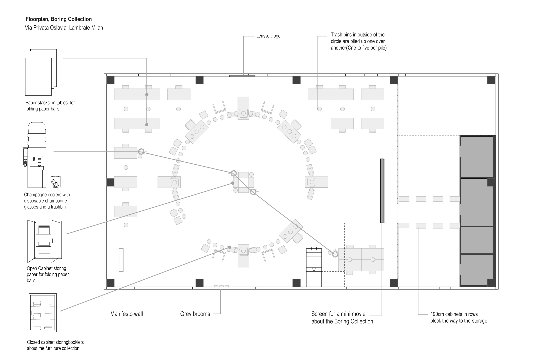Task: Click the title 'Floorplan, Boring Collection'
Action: [59, 19]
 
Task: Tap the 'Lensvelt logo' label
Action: [268, 36]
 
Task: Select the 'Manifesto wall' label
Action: [126, 314]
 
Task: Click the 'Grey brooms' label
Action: [195, 314]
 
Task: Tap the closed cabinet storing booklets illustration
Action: [43, 312]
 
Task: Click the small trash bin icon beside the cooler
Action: [55, 182]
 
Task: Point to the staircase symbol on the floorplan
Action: [314, 267]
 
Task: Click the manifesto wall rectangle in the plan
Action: [121, 260]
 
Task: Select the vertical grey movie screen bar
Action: [382, 191]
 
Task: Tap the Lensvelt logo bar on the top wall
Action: [242, 76]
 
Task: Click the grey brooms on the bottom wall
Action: [221, 286]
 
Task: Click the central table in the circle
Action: [243, 182]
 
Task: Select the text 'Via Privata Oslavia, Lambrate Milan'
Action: [64, 28]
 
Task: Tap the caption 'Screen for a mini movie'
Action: [338, 314]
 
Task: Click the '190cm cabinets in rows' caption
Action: [454, 314]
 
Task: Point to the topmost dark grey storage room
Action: [477, 156]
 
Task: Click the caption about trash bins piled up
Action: [358, 41]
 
